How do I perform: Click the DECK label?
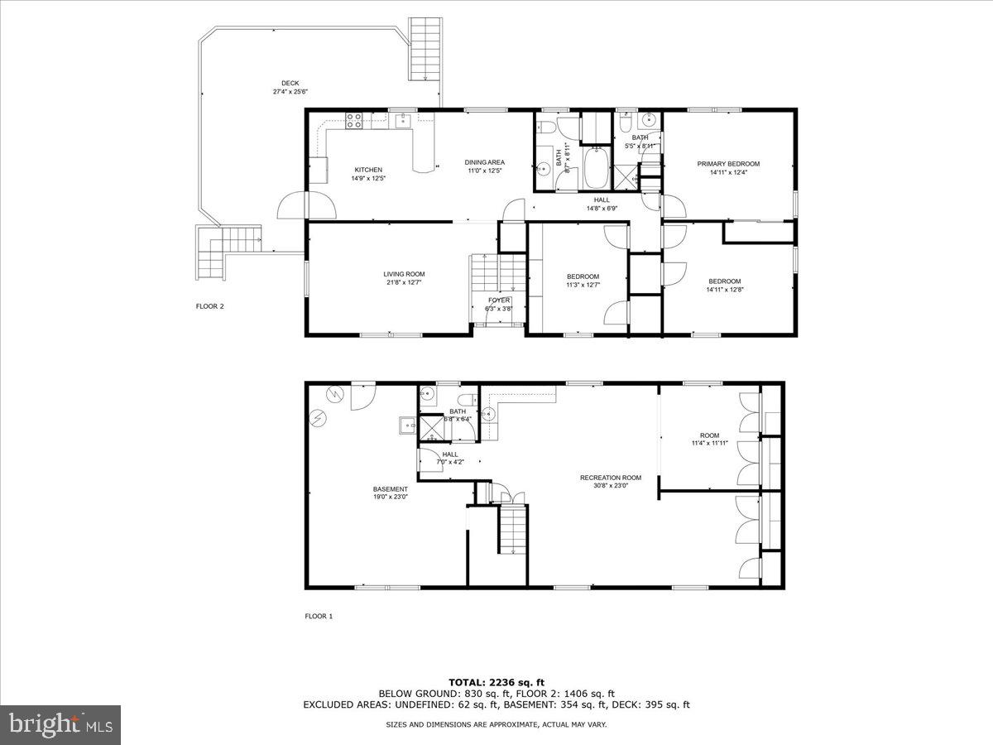[290, 83]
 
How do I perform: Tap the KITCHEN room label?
[368, 170]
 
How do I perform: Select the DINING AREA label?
[484, 162]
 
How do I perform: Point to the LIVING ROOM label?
[404, 274]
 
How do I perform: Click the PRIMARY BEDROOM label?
[728, 164]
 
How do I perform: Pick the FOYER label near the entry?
[499, 300]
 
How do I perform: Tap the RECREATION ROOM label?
[611, 478]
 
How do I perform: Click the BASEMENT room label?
[390, 489]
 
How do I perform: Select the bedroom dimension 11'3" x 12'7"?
[583, 285]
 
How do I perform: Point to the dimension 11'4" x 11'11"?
[709, 443]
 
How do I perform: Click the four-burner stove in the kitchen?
[353, 122]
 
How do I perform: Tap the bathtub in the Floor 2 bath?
[595, 168]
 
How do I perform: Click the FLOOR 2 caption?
[209, 306]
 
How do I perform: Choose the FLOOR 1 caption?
[319, 616]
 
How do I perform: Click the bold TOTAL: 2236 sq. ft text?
[496, 681]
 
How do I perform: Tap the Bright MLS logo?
[60, 725]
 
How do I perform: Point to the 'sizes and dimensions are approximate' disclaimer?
[496, 725]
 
